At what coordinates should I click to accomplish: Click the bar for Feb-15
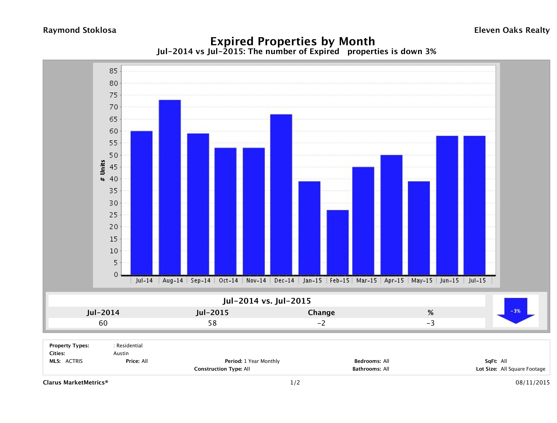(337, 242)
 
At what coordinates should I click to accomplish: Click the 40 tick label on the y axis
(113, 179)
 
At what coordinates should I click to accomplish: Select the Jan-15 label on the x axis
(312, 281)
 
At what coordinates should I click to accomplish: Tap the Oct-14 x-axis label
(228, 281)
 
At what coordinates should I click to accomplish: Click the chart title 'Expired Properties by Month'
(293, 41)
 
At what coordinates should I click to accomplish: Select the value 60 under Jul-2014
(103, 323)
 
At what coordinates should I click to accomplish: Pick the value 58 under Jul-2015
(212, 323)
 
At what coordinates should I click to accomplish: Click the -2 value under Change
(321, 323)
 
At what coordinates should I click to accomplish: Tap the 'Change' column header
(321, 313)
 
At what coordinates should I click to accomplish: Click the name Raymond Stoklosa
(80, 30)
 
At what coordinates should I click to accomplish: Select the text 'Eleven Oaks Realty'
(512, 30)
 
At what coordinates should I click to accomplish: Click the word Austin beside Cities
(121, 353)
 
